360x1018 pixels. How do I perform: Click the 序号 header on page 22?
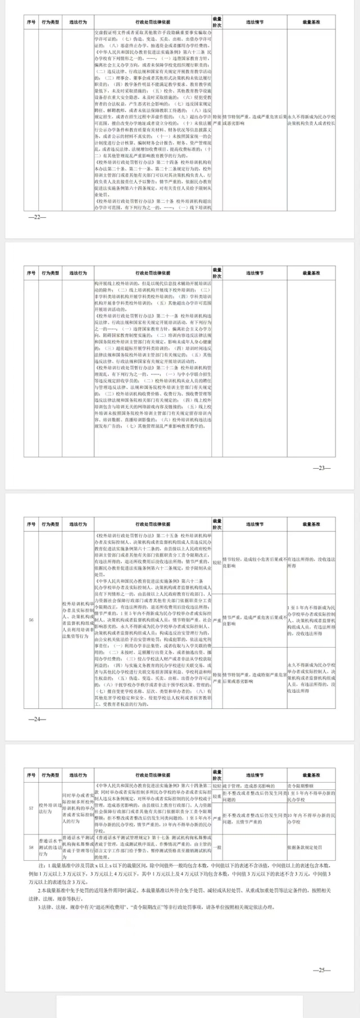(32, 22)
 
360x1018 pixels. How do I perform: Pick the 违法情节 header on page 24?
(254, 524)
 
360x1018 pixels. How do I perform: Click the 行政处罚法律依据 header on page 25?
(152, 775)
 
